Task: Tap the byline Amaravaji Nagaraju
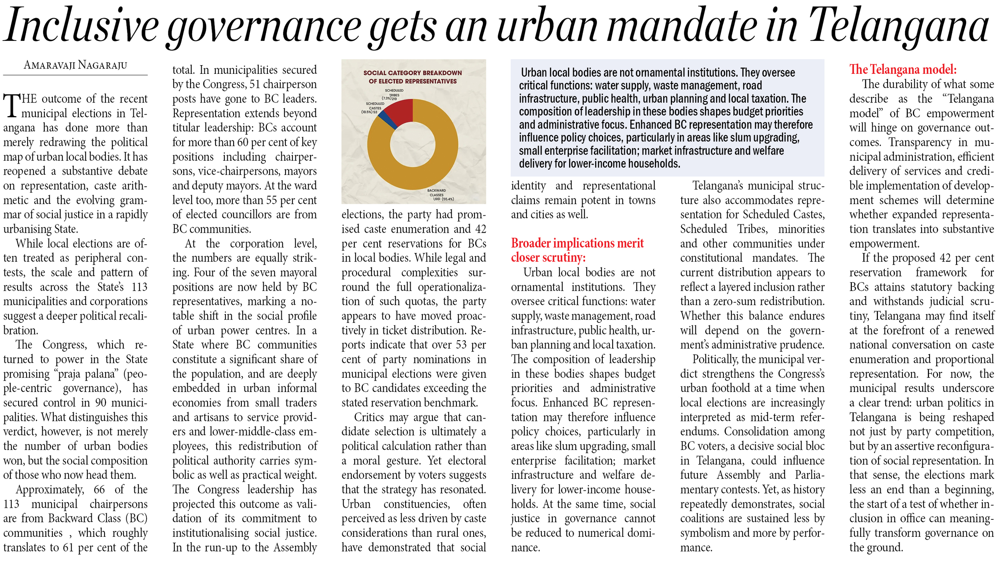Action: click(x=75, y=65)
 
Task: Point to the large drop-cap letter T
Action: click(x=12, y=105)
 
